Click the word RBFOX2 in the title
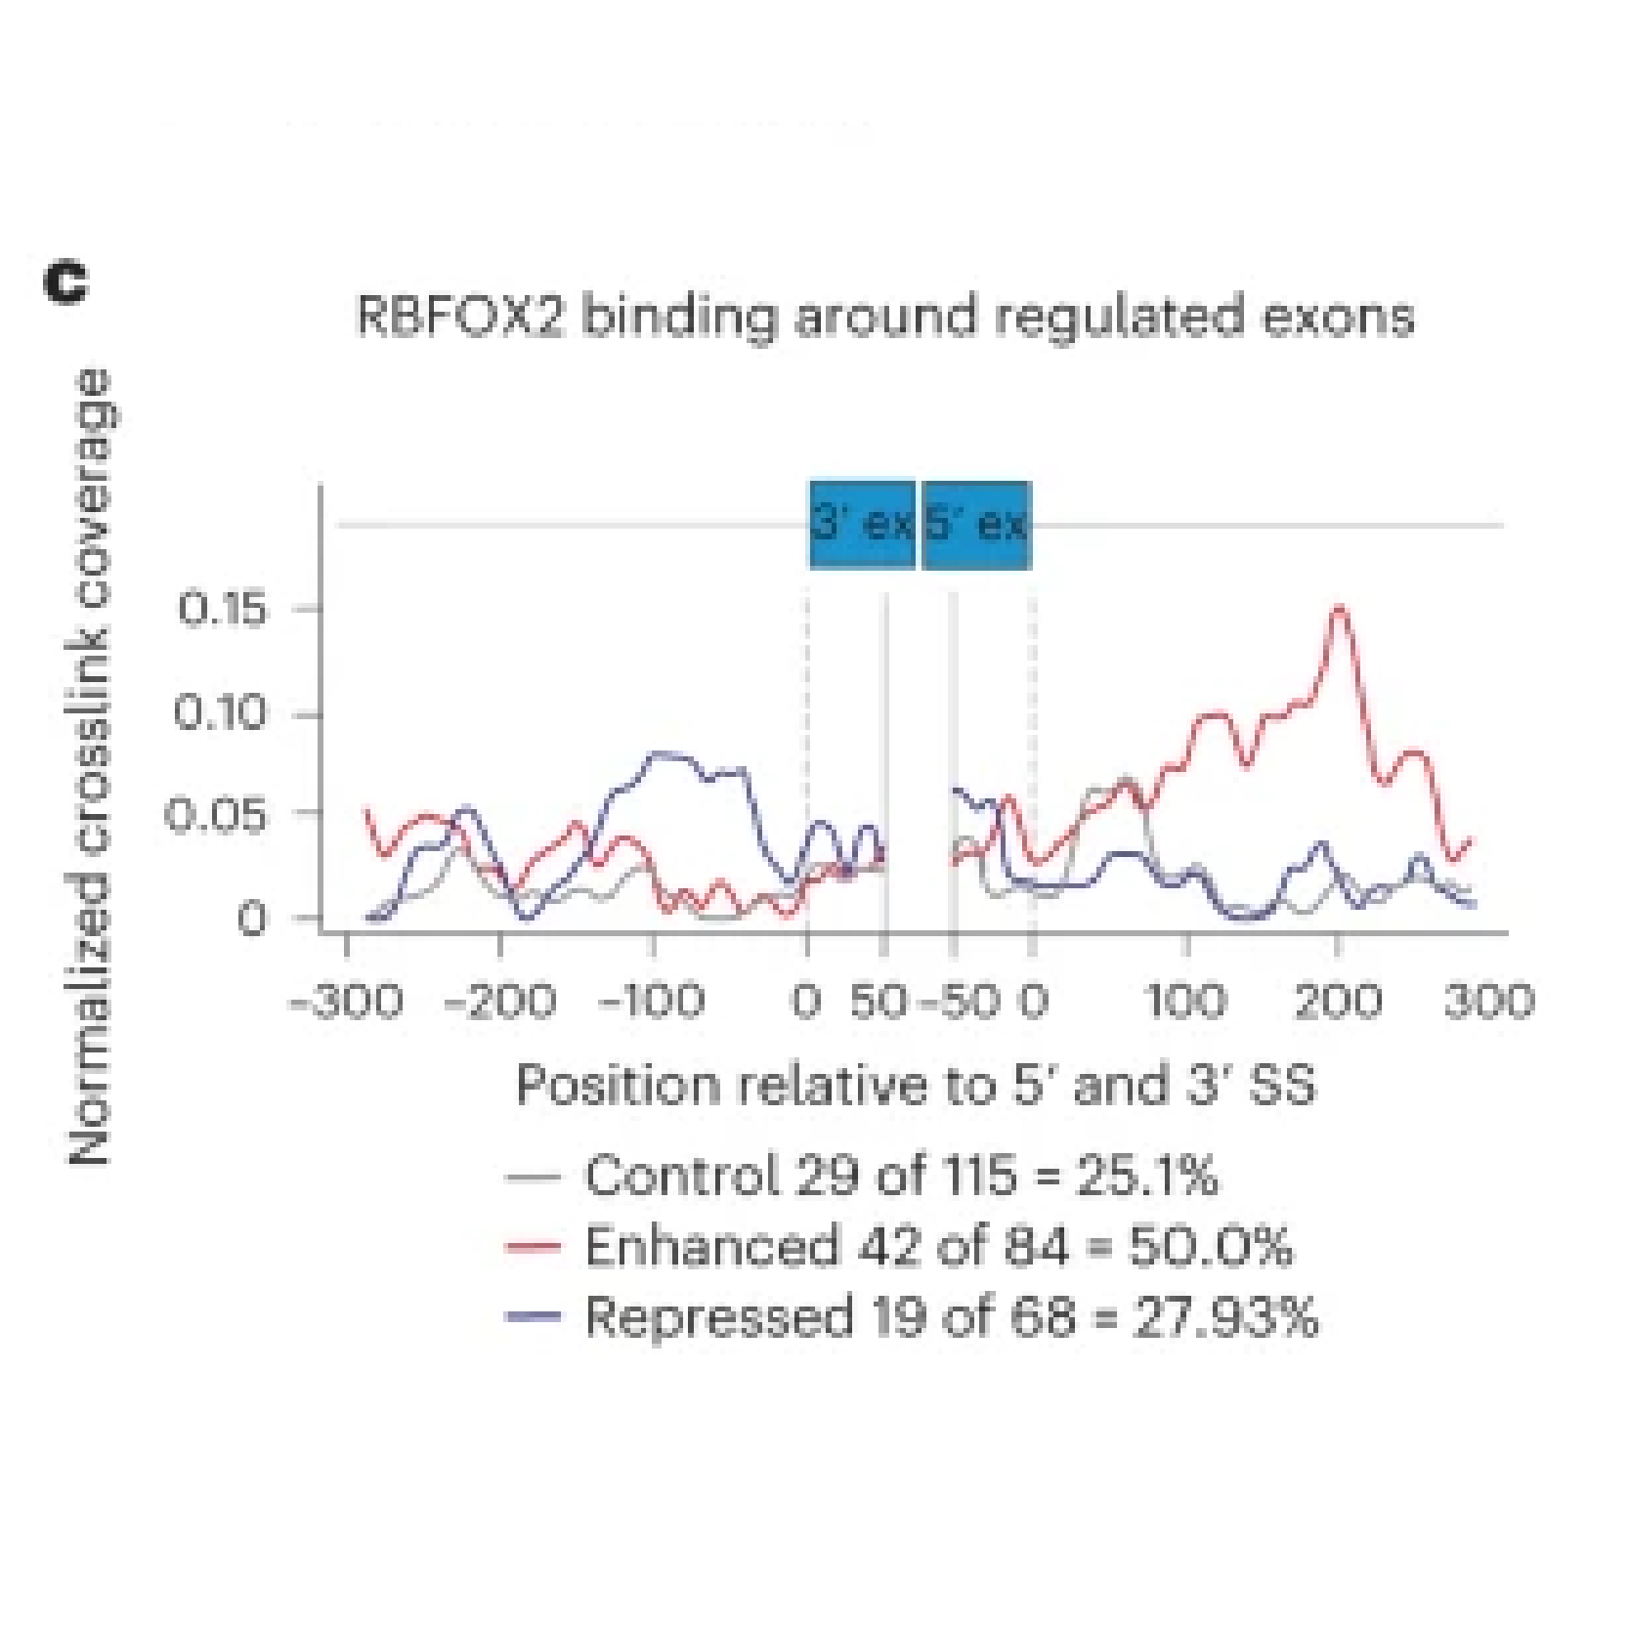460,317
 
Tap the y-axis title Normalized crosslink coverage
90,767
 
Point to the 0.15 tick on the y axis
222,610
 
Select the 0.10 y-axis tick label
220,714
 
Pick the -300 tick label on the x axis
347,1002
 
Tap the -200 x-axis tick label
499,1002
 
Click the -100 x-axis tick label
651,1002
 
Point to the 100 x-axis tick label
1186,1002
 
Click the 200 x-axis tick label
1338,1002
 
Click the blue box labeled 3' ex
862,525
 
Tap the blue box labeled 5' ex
976,525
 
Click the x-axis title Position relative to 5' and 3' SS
916,1086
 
